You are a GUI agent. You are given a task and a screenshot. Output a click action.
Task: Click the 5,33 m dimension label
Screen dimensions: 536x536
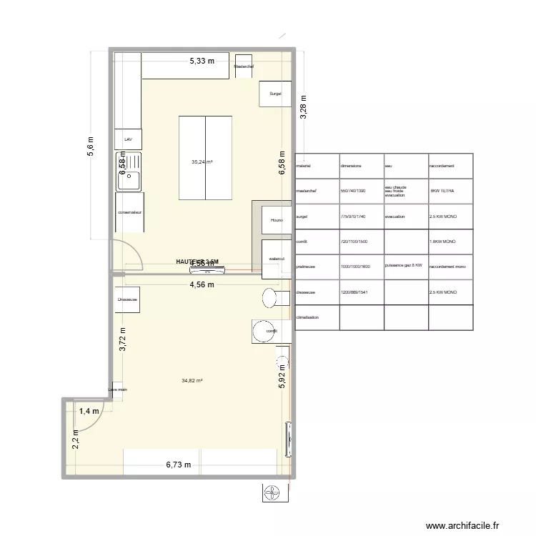pyautogui.click(x=202, y=61)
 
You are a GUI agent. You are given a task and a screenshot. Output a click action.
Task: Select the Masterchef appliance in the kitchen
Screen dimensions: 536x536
pyautogui.click(x=244, y=66)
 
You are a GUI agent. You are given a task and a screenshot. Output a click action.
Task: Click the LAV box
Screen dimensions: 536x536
pyautogui.click(x=129, y=139)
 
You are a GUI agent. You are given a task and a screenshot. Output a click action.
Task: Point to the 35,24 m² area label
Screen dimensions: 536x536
pyautogui.click(x=202, y=162)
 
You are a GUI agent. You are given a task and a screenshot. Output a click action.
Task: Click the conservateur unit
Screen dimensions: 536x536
pyautogui.click(x=130, y=212)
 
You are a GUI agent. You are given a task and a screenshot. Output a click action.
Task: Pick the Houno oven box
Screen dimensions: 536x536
pyautogui.click(x=277, y=220)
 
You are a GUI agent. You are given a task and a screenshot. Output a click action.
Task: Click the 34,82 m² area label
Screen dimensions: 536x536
pyautogui.click(x=193, y=381)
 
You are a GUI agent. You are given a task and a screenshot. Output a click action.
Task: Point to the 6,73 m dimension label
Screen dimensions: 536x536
pyautogui.click(x=179, y=465)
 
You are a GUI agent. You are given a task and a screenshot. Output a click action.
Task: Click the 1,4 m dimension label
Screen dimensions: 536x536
pyautogui.click(x=89, y=411)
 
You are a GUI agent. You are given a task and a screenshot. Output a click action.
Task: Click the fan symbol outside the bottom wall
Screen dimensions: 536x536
pyautogui.click(x=273, y=492)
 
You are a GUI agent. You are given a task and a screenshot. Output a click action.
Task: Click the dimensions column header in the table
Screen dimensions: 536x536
pyautogui.click(x=351, y=166)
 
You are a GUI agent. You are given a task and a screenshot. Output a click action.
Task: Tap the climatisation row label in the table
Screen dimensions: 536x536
pyautogui.click(x=308, y=317)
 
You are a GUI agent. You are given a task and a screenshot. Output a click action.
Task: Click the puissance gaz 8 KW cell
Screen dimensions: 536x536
pyautogui.click(x=405, y=266)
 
